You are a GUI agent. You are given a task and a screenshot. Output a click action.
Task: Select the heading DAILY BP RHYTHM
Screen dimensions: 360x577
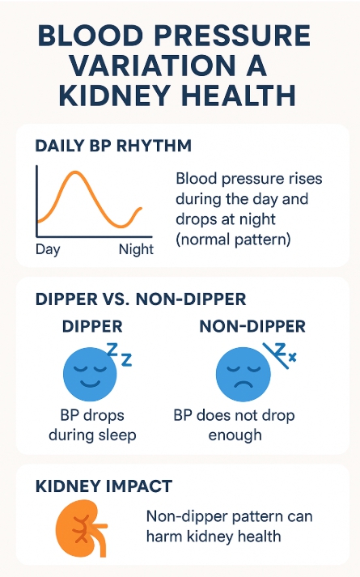point(113,146)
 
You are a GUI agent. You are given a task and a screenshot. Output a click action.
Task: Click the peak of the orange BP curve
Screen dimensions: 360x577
point(76,172)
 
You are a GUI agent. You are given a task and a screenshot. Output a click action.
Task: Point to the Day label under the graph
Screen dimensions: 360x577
point(48,250)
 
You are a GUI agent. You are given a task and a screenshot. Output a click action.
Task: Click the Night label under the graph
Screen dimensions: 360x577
point(136,249)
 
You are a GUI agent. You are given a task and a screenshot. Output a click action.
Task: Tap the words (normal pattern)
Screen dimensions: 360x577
point(233,240)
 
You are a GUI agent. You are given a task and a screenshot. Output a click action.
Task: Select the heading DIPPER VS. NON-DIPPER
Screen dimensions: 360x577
point(141,299)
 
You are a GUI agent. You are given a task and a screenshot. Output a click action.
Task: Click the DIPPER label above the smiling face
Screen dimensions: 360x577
point(92,326)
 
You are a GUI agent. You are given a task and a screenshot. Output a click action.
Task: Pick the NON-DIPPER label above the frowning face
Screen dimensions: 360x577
point(252,326)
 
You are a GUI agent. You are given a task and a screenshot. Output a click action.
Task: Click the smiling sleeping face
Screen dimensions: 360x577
point(90,374)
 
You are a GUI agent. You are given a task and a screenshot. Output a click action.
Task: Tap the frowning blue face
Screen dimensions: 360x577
point(243,374)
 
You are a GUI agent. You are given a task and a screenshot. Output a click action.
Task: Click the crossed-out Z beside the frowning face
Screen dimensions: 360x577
point(278,354)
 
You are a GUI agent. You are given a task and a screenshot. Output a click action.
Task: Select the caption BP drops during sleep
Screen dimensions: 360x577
point(92,425)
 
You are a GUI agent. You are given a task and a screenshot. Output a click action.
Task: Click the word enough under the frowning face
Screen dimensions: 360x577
point(235,435)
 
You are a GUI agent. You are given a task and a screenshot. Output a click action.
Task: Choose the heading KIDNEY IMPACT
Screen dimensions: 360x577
point(104,486)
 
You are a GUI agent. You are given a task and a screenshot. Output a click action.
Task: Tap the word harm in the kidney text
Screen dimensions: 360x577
point(164,537)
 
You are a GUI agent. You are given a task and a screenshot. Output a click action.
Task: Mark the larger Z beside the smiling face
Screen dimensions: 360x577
point(112,350)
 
